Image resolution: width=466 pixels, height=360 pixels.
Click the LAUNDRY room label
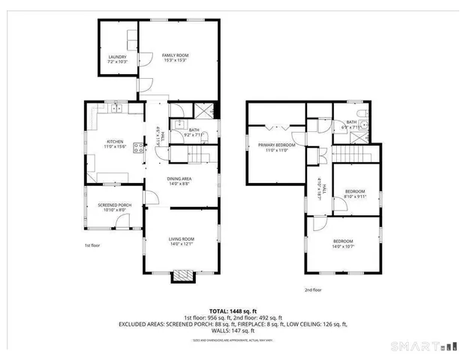[x=117, y=57]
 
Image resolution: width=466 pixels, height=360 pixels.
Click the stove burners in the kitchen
[x=139, y=148]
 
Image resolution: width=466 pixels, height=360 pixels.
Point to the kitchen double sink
[x=116, y=109]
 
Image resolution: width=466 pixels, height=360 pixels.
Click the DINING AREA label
[x=179, y=178]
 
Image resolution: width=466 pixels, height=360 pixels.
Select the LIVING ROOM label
[x=181, y=238]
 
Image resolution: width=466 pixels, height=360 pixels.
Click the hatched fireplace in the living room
[x=181, y=277]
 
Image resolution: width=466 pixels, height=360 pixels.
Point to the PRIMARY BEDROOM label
[x=277, y=145]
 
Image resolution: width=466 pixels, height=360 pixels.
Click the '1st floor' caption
[x=92, y=245]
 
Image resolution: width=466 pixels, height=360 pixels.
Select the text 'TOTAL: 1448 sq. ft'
[x=233, y=310]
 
